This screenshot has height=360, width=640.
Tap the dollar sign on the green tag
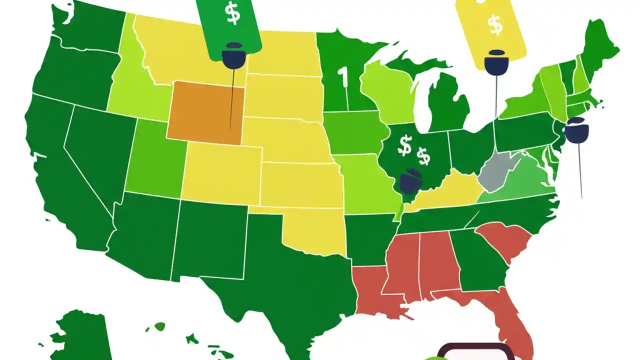click(x=233, y=13)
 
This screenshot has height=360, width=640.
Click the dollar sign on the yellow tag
click(x=495, y=25)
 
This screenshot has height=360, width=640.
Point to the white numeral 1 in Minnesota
click(x=342, y=77)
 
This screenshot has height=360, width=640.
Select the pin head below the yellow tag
click(x=496, y=62)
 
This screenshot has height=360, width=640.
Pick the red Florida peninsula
click(x=505, y=320)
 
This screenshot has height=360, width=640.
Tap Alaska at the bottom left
click(x=80, y=335)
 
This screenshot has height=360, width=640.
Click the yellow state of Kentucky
click(x=450, y=192)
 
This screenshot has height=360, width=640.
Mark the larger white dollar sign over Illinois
click(x=404, y=145)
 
